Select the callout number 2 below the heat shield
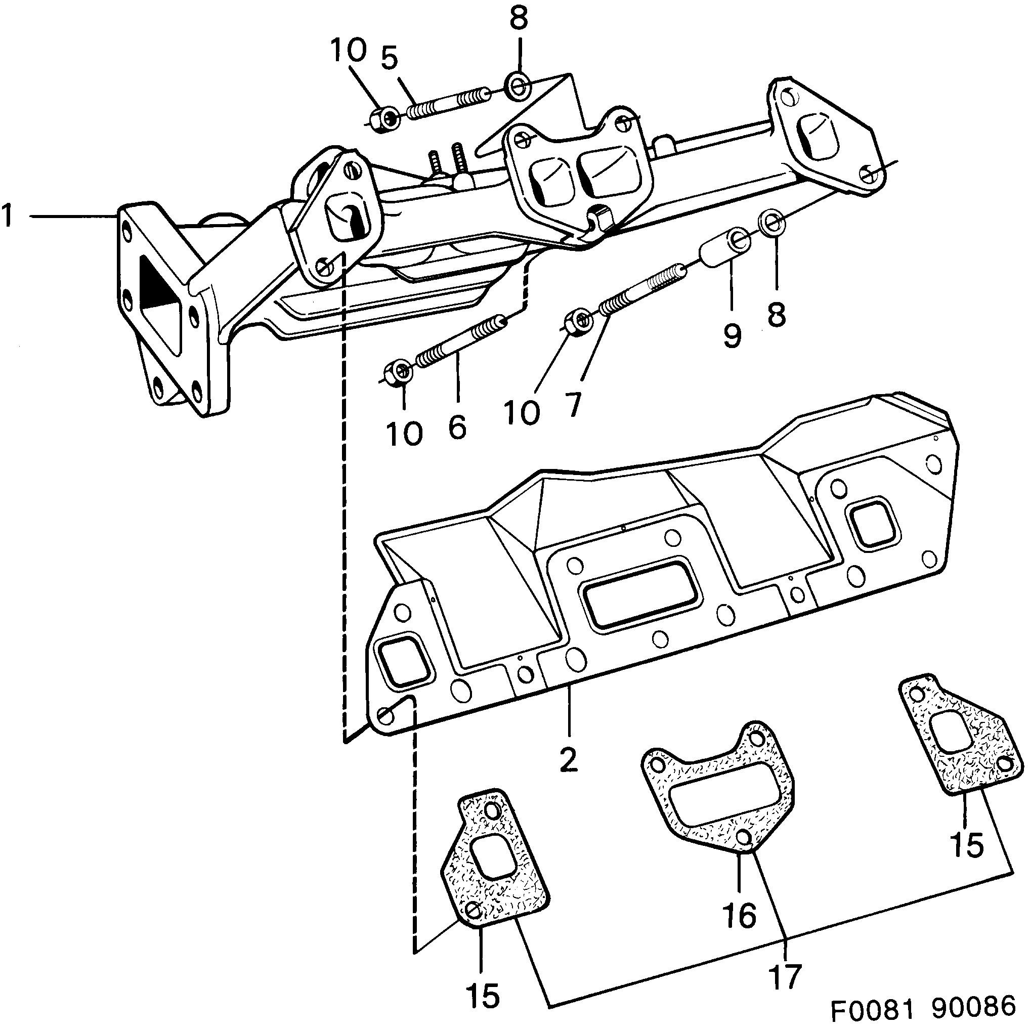tap(569, 760)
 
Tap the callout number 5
tap(390, 58)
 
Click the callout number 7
tap(573, 405)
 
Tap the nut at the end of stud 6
tap(398, 372)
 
